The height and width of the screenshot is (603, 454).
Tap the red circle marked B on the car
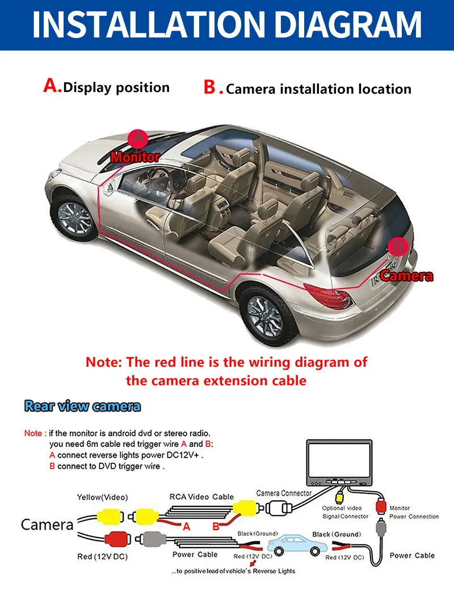coord(399,247)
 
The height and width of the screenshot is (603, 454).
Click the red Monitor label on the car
coord(135,157)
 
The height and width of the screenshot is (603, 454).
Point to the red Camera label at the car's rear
coord(406,276)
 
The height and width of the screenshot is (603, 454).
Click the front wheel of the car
coord(74,217)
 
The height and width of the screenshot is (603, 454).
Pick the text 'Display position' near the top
coord(116,87)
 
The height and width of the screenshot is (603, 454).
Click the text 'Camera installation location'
coord(318,89)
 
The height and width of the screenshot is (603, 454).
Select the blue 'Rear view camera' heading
coord(82,406)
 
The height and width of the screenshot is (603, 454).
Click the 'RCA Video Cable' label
coord(201,496)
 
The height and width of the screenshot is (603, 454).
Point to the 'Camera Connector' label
coord(284,493)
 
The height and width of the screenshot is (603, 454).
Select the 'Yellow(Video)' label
coord(102,497)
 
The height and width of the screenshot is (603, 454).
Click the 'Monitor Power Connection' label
coord(414,512)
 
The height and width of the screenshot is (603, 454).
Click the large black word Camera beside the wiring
coord(47,525)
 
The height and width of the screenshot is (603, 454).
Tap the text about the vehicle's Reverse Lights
coord(233,571)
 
